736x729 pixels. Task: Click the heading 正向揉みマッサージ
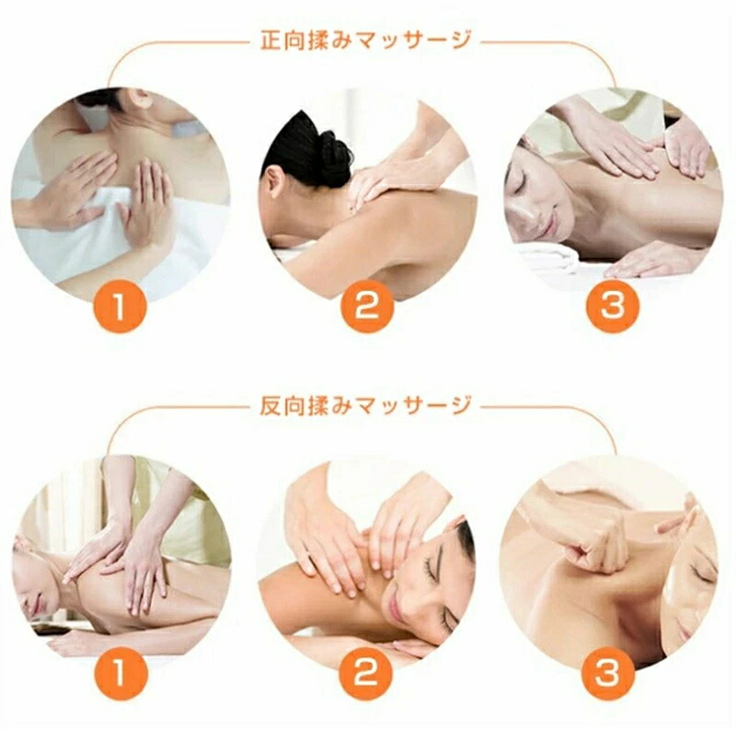coord(365,40)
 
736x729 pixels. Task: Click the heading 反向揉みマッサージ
coord(365,405)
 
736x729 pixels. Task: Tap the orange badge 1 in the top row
coord(121,307)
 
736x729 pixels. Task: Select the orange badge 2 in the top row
coord(366,307)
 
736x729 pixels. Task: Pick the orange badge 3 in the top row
coord(613,307)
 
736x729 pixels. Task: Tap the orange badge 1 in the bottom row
coord(121,673)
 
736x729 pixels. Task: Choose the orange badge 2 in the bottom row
coord(366,673)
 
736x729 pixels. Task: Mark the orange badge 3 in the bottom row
coord(608,673)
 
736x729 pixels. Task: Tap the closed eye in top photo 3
coord(524,181)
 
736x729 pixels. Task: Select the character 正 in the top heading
coord(270,40)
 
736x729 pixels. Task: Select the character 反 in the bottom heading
coord(270,405)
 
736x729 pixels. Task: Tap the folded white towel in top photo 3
coord(549,256)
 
